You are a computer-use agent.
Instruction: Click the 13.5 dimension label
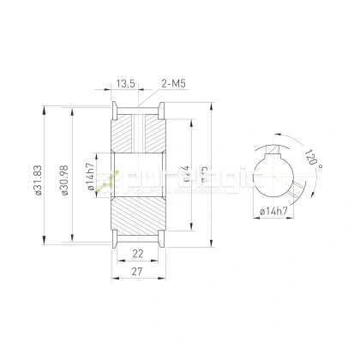pos(125,84)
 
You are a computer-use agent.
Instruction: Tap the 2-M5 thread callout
pos(174,84)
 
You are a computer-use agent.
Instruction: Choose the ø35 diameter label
pos(205,177)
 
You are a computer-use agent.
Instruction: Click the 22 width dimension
pos(137,255)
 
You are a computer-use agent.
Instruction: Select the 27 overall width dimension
pos(137,273)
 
